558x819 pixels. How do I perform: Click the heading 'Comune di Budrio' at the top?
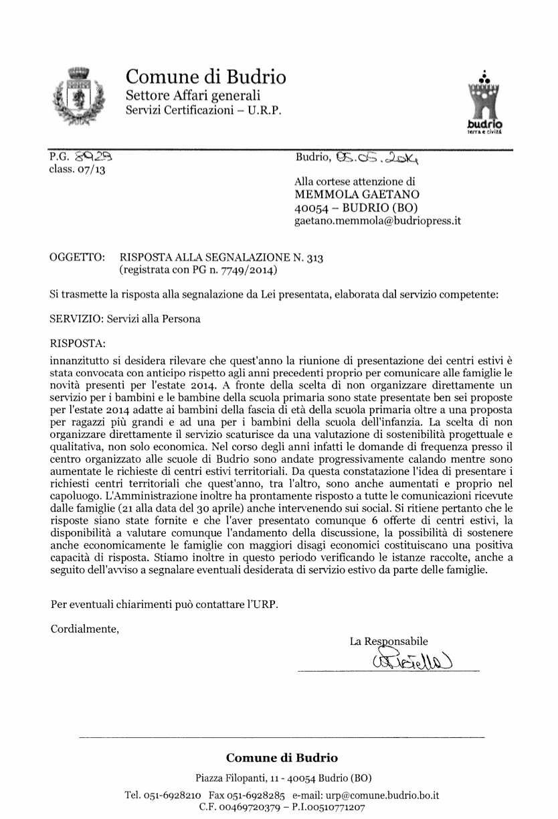pos(206,77)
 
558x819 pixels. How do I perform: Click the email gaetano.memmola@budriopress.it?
pos(378,220)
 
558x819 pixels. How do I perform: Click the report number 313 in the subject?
pos(315,258)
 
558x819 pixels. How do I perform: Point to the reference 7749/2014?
pos(240,270)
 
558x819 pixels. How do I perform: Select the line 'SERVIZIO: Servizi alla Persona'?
pos(125,319)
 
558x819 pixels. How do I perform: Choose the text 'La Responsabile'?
pos(389,641)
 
